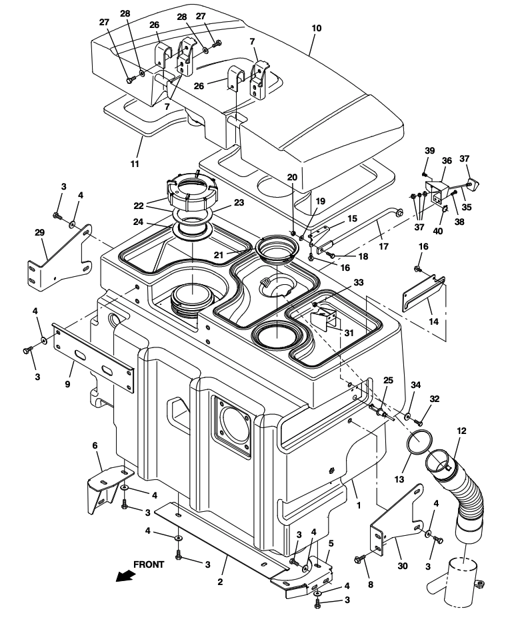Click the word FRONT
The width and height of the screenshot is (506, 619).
(149, 564)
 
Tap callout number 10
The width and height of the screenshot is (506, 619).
(317, 28)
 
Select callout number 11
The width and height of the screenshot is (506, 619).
(135, 164)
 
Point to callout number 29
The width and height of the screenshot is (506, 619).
(39, 232)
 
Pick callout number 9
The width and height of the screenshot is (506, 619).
(67, 383)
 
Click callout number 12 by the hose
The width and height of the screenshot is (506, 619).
(461, 431)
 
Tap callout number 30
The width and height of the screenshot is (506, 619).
(403, 566)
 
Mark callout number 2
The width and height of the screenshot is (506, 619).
(220, 582)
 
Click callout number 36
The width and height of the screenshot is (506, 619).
(447, 160)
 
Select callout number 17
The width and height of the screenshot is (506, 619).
(383, 247)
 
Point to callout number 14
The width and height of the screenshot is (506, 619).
(433, 321)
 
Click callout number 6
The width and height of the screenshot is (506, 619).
(95, 446)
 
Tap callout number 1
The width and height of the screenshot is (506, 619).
(359, 505)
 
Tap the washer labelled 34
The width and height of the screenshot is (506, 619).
(407, 417)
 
